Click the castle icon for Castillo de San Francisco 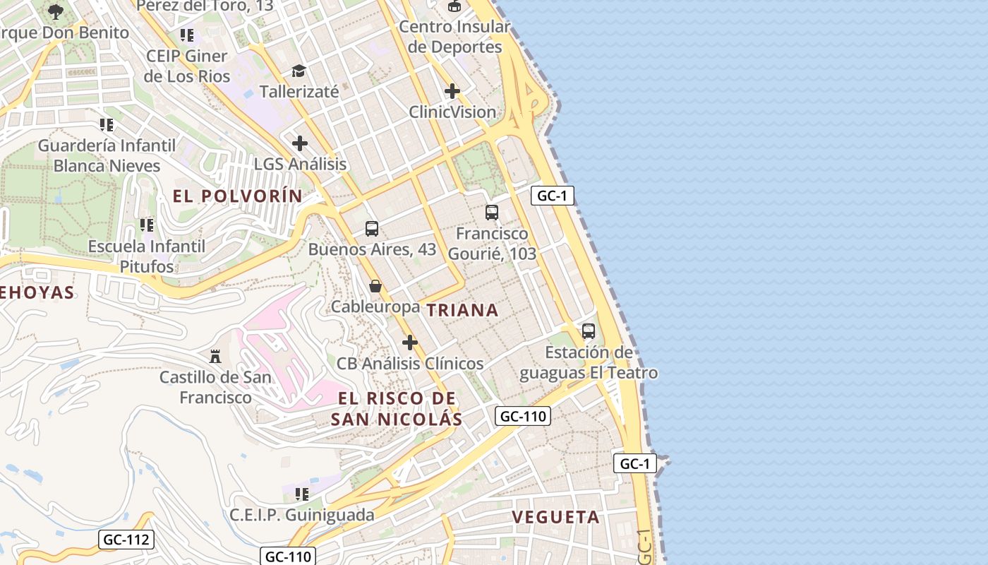(x=216, y=356)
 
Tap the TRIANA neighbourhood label (x=462, y=310)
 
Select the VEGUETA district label (x=555, y=517)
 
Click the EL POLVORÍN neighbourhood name (x=237, y=196)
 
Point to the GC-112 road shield (x=126, y=540)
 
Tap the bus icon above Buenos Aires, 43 (x=372, y=229)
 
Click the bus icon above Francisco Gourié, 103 (x=492, y=212)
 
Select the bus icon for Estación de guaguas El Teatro (x=588, y=331)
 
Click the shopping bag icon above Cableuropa (x=375, y=286)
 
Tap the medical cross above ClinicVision (x=452, y=91)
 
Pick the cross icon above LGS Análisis (x=300, y=143)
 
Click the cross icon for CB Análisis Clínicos (x=410, y=343)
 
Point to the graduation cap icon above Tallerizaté (x=299, y=71)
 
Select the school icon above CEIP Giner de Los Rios (x=187, y=35)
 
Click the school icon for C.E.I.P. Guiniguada (x=302, y=494)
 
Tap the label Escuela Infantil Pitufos (x=147, y=256)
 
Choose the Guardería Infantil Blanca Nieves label (x=107, y=155)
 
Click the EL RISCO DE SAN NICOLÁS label (x=397, y=408)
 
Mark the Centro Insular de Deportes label (x=454, y=37)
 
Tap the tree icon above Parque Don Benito (x=56, y=11)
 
